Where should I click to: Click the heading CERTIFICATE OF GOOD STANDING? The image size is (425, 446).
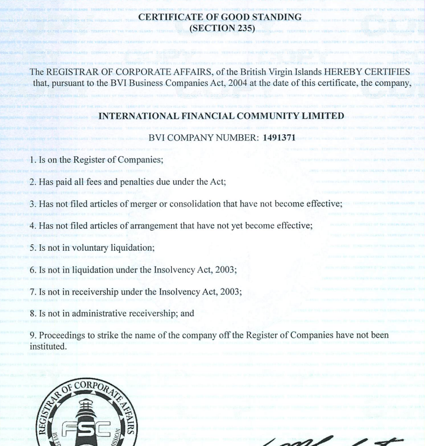tap(212, 18)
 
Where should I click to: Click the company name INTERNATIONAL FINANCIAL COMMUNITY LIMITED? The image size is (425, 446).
tap(213, 117)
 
